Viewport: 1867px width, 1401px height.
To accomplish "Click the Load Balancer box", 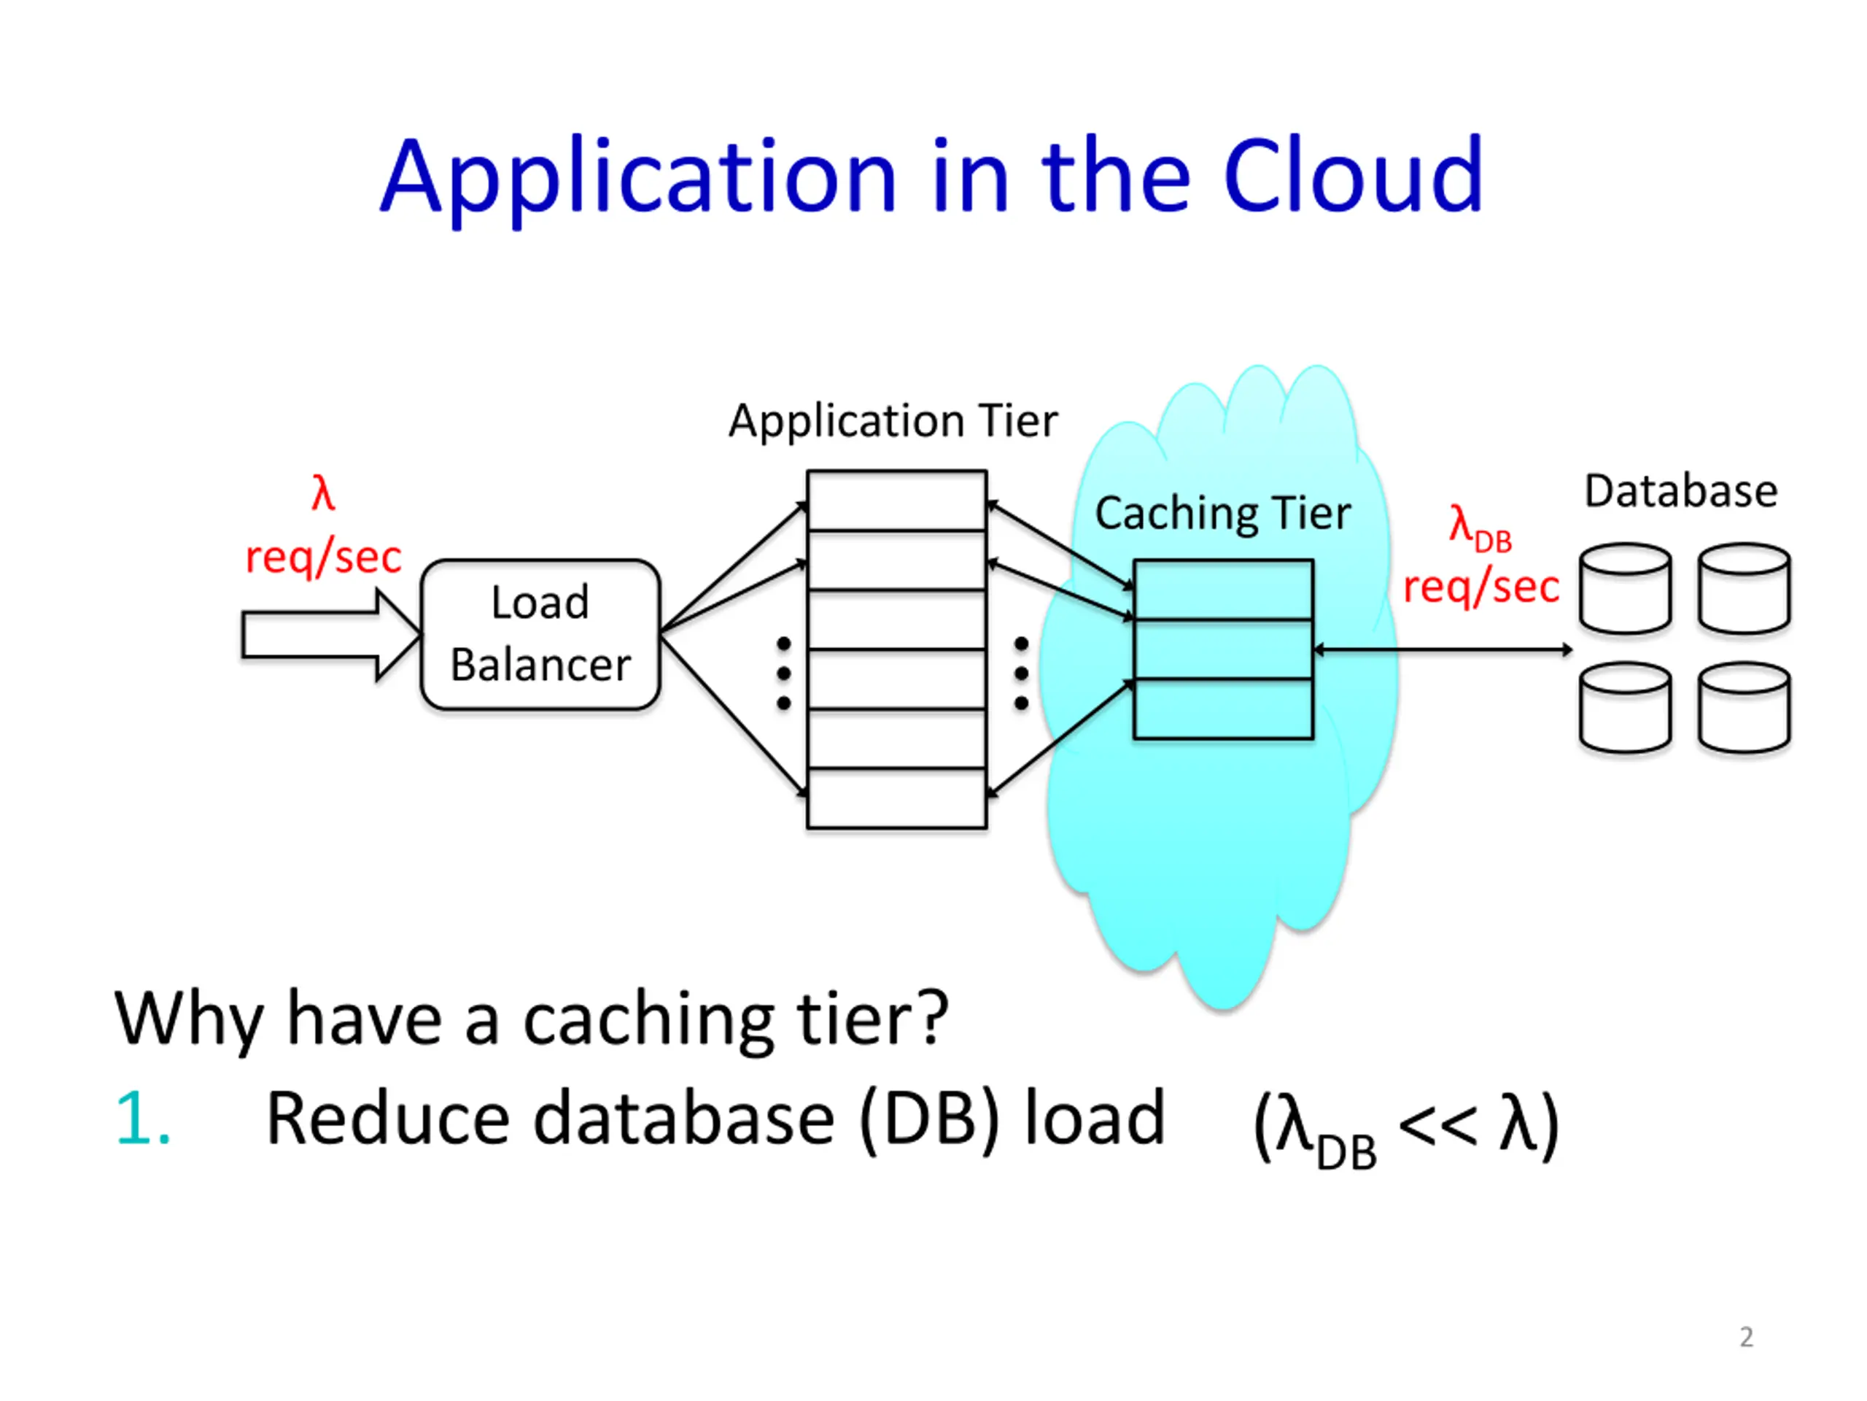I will pos(540,633).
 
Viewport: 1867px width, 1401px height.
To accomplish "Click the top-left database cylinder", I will pos(1625,589).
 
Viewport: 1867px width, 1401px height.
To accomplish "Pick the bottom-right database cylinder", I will pos(1744,708).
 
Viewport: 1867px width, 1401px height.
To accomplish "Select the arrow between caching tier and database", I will pos(1443,649).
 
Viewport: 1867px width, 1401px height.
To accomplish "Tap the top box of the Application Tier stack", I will pos(896,501).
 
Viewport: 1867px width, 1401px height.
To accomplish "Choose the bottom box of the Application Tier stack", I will pos(896,798).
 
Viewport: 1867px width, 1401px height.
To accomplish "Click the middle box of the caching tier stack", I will pos(1223,649).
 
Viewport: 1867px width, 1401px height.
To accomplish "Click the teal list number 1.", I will pos(141,1118).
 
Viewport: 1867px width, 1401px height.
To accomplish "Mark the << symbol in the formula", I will pos(1437,1123).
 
